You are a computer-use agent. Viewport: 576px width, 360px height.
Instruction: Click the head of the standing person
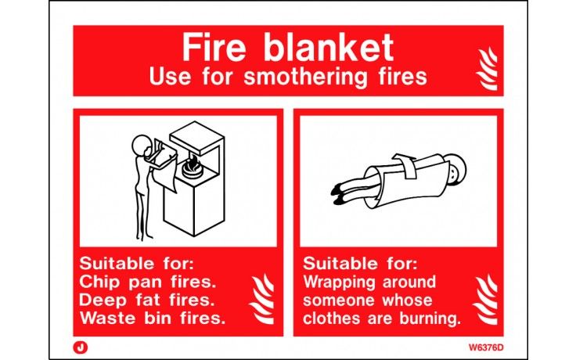pyautogui.click(x=140, y=146)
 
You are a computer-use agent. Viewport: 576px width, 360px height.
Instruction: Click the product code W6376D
pyautogui.click(x=487, y=343)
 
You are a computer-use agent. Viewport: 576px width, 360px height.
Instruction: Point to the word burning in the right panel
pyautogui.click(x=430, y=319)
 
